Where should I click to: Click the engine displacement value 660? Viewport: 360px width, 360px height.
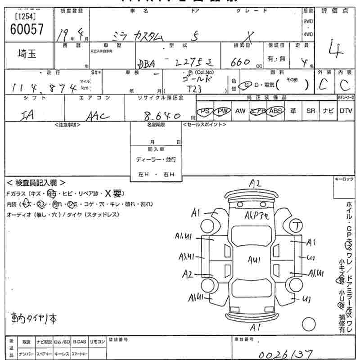pyautogui.click(x=240, y=63)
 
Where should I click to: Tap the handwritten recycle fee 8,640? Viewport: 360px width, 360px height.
pyautogui.click(x=160, y=115)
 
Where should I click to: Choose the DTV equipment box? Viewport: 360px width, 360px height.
pyautogui.click(x=346, y=111)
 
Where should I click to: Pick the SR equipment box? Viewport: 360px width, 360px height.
pyautogui.click(x=310, y=111)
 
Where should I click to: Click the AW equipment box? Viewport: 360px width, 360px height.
pyautogui.click(x=240, y=111)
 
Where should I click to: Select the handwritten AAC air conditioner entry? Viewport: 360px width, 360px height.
pyautogui.click(x=97, y=116)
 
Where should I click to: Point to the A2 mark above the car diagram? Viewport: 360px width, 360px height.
pyautogui.click(x=255, y=184)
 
